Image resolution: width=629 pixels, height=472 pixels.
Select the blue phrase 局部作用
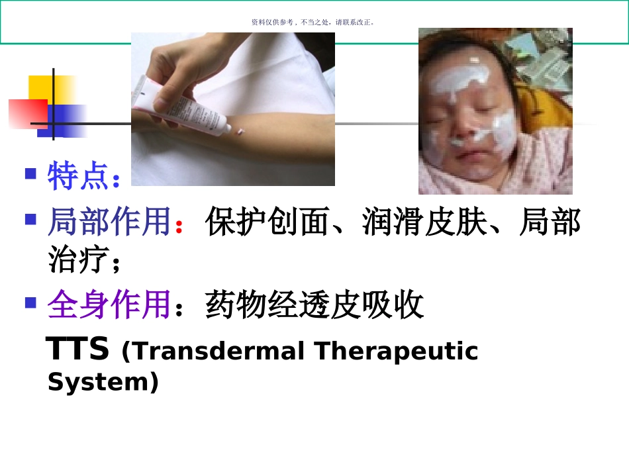(x=109, y=222)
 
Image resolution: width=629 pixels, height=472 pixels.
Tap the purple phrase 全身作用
(x=109, y=305)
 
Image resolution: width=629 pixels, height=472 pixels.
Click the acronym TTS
(x=78, y=350)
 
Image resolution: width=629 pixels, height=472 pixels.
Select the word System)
(x=103, y=382)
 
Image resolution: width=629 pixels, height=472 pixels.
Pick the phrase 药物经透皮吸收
(x=314, y=305)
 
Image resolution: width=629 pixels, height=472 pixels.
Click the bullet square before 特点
(x=30, y=174)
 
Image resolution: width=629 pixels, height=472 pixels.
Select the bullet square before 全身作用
(x=30, y=303)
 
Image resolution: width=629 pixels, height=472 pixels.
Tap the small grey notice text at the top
(x=314, y=22)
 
